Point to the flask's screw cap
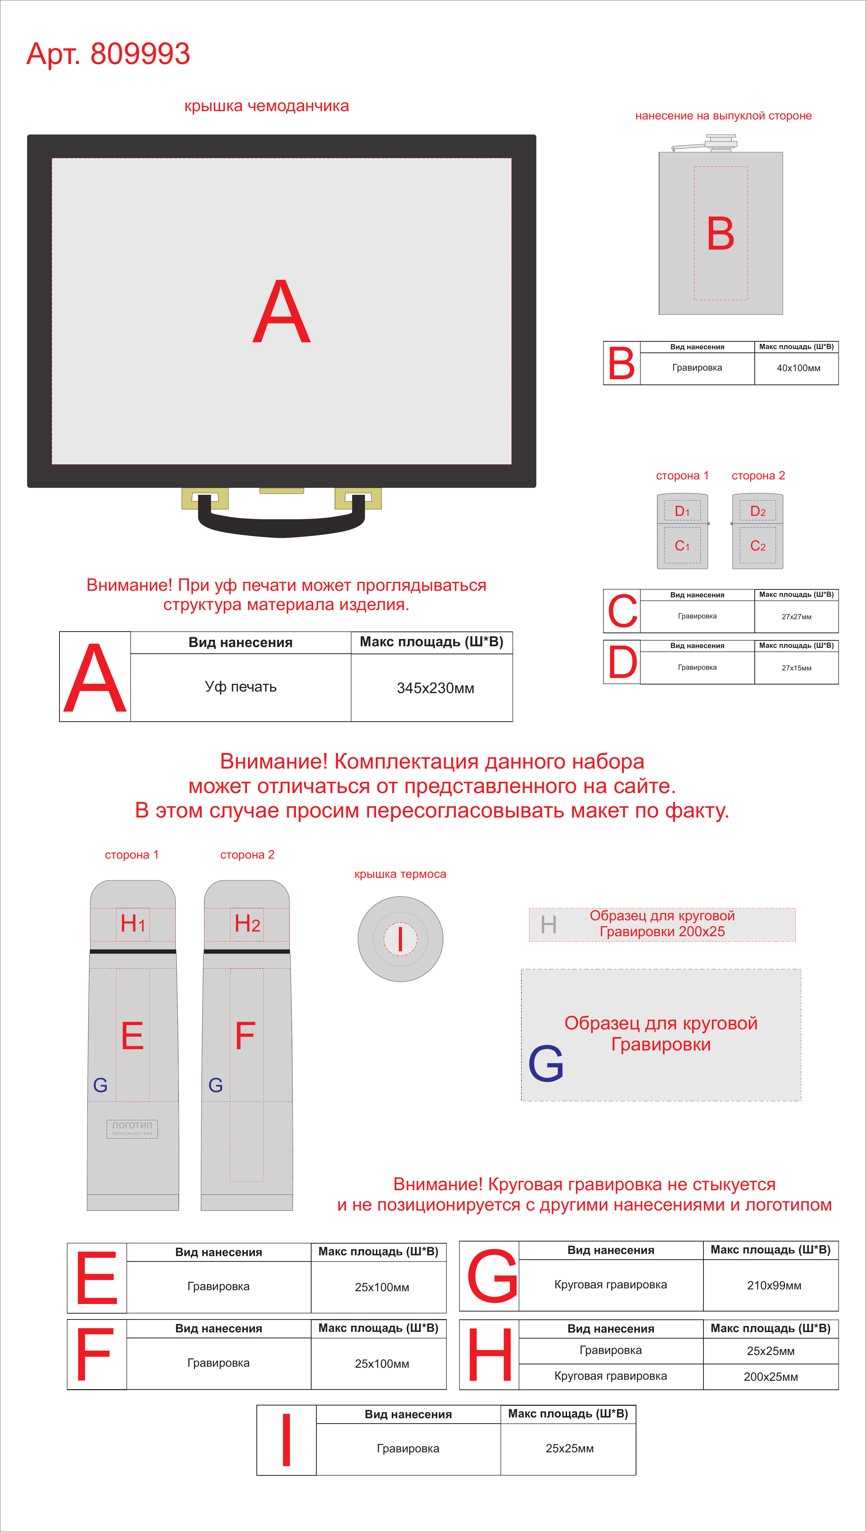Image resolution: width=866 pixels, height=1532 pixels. [x=721, y=143]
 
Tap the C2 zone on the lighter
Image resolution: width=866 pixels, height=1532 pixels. [x=758, y=545]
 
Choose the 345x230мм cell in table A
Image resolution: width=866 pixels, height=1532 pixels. [x=435, y=688]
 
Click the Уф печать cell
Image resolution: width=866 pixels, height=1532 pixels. [x=241, y=687]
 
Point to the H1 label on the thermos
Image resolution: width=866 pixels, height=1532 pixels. [x=133, y=924]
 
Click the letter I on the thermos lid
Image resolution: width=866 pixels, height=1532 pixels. [x=400, y=939]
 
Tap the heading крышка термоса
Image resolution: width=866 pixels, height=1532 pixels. [x=400, y=874]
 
